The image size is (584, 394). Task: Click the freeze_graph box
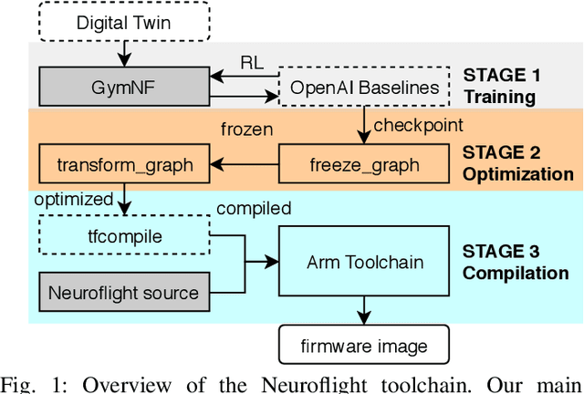(x=363, y=165)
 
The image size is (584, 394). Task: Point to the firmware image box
(x=363, y=346)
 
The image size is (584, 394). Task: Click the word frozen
(x=246, y=129)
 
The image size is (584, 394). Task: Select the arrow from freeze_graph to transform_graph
(x=244, y=165)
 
